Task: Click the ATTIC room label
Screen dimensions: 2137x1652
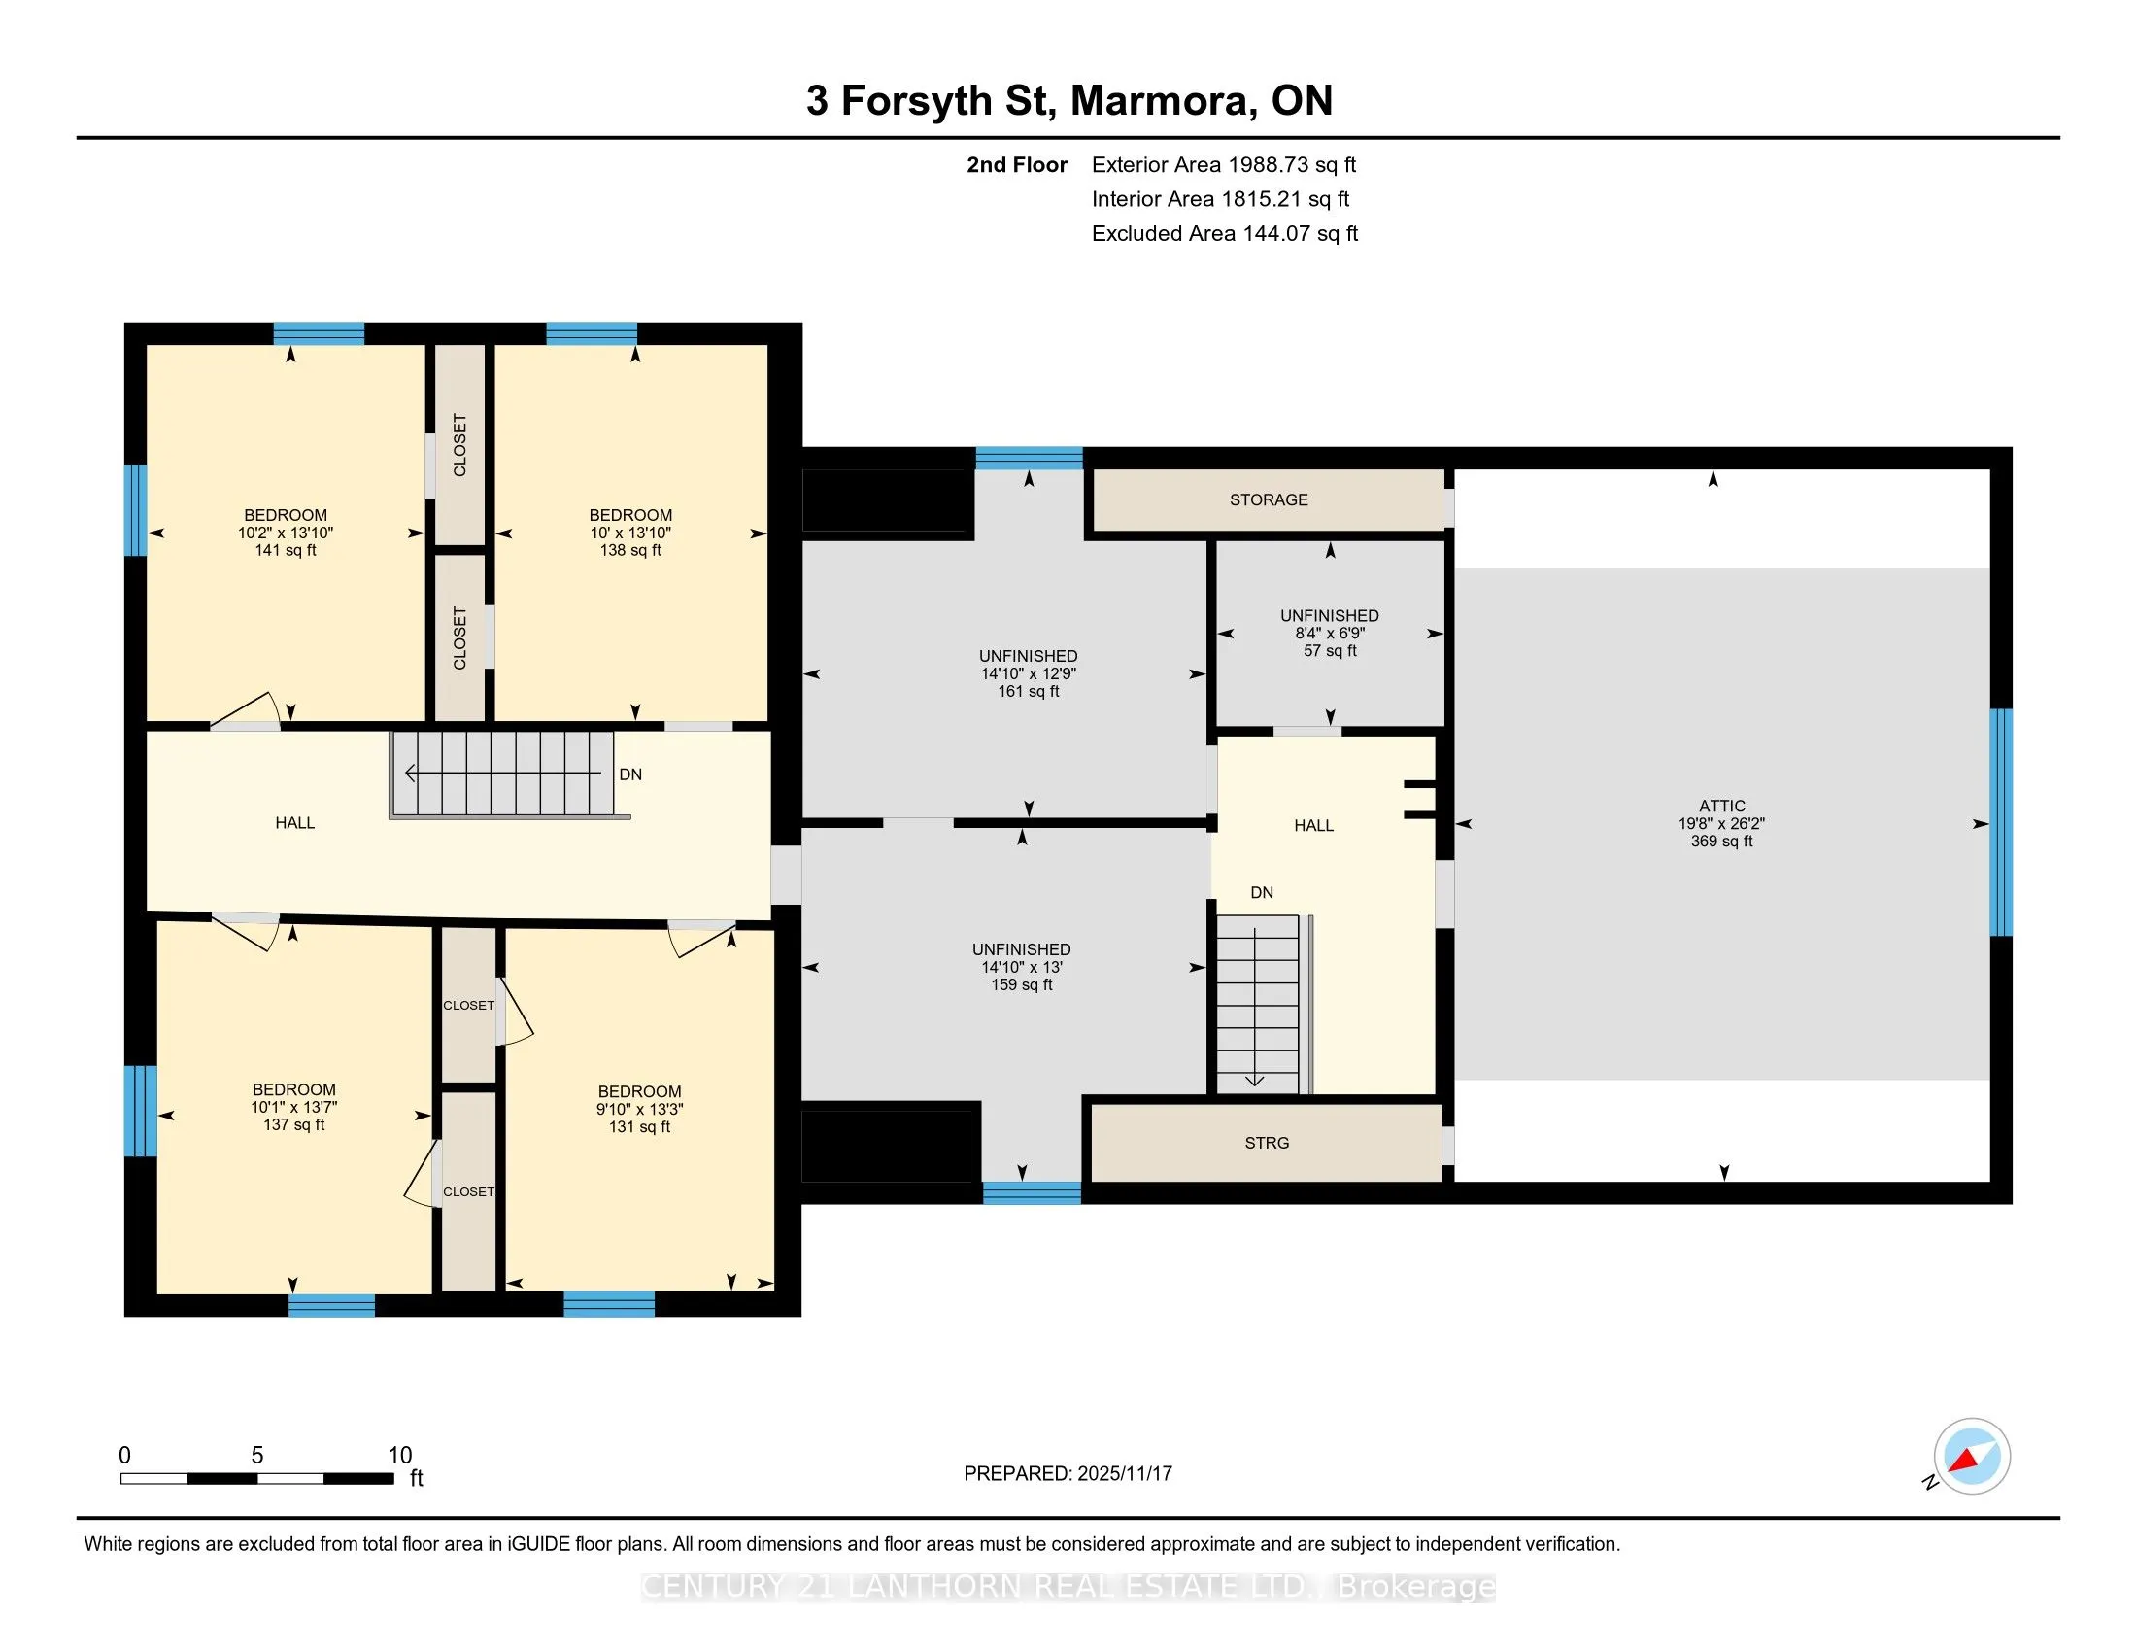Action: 1721,807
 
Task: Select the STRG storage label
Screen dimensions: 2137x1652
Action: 1266,1143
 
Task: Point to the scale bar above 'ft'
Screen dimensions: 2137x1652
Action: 257,1479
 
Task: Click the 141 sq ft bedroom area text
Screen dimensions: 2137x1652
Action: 286,550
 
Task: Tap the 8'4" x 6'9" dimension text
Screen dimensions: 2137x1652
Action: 1330,634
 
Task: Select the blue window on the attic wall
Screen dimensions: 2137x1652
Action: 2002,822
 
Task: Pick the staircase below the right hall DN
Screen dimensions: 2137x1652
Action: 1263,1003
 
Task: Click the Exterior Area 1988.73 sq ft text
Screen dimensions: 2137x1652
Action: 1224,164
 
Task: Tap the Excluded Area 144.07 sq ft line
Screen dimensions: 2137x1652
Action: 1225,233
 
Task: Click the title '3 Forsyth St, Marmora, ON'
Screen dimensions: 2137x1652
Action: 1069,101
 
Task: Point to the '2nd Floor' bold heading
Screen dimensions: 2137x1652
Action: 1017,164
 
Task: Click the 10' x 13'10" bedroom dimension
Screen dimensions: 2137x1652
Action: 630,533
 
